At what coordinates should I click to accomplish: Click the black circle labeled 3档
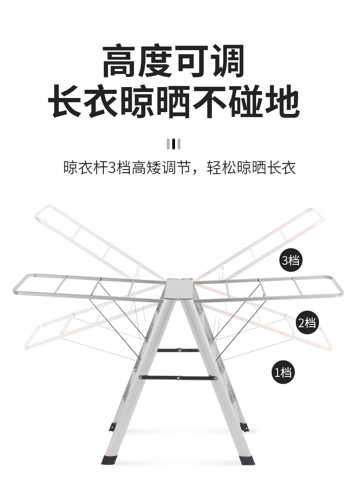coord(291,261)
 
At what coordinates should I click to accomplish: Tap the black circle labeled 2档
coord(307,323)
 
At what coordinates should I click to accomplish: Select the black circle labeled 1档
coord(283,372)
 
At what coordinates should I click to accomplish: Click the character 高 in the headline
coord(120,61)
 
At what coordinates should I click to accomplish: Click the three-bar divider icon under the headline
coord(174,144)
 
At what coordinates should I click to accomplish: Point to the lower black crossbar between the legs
coord(178,377)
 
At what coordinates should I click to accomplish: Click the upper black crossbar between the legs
coord(178,350)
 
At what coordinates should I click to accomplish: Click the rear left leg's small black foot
coord(112,427)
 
